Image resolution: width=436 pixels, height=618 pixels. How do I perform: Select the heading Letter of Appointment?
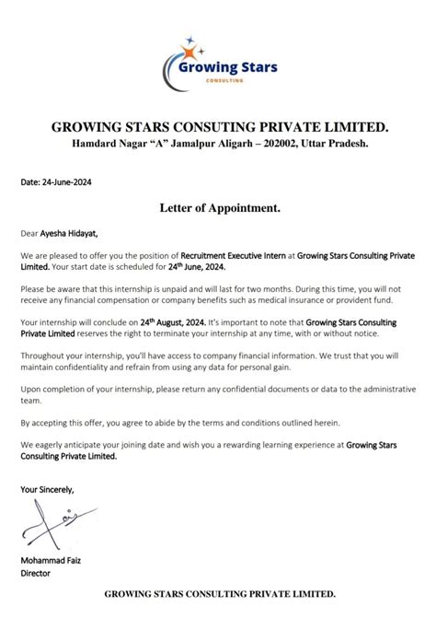click(x=218, y=209)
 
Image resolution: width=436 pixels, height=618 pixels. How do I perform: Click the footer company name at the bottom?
click(x=218, y=595)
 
